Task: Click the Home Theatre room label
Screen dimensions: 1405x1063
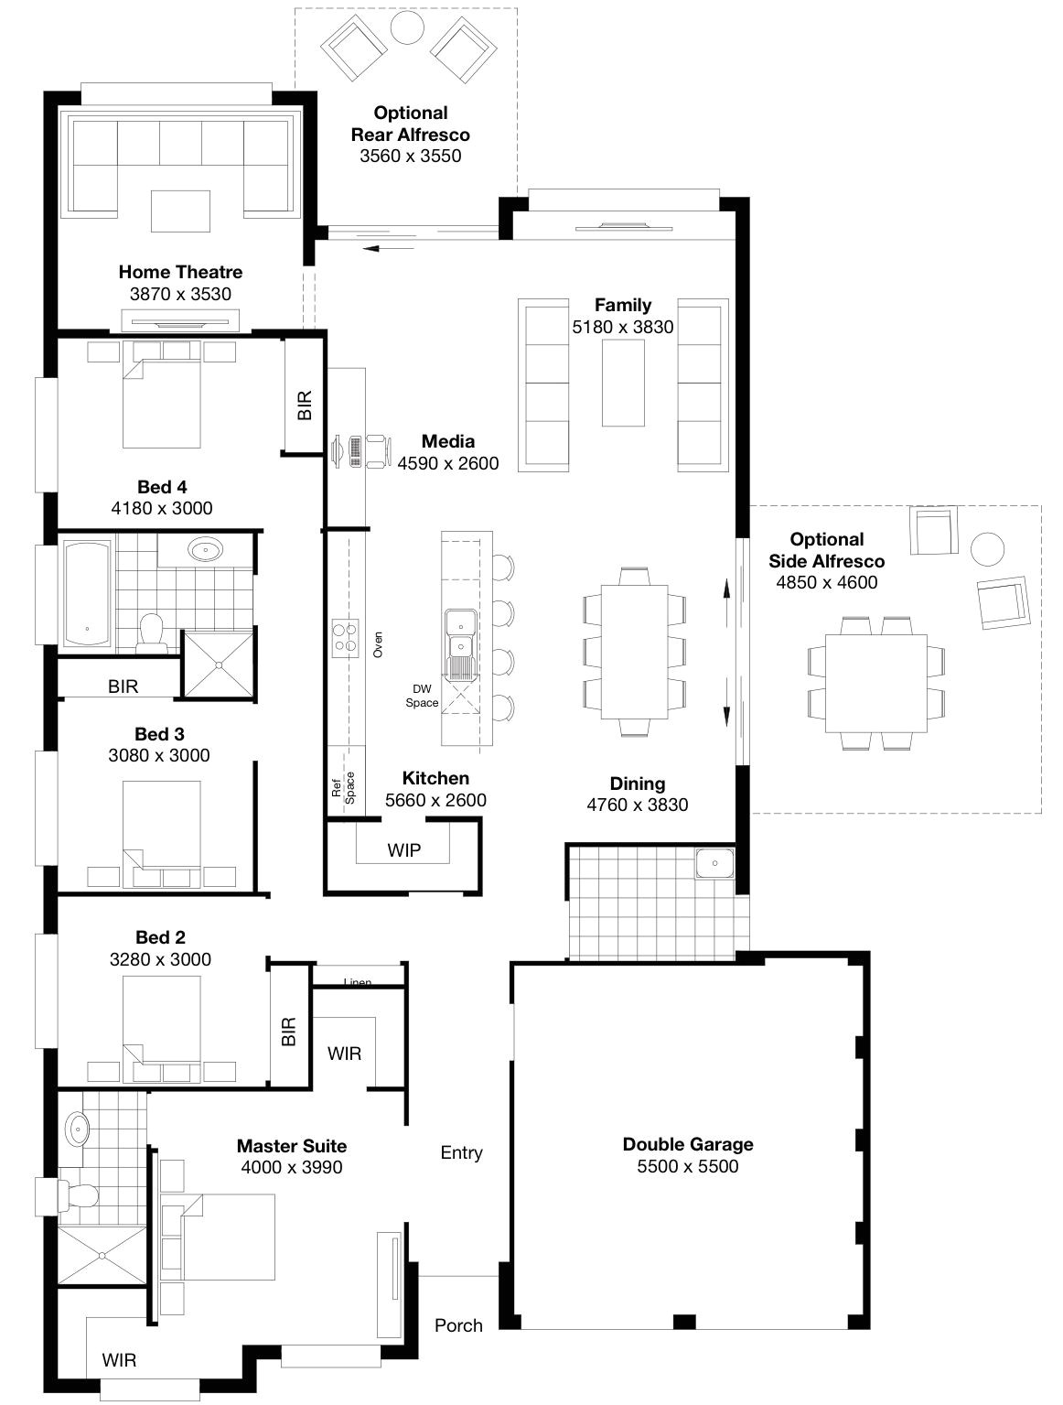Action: [x=180, y=272]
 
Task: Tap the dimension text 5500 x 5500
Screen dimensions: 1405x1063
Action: [x=688, y=1166]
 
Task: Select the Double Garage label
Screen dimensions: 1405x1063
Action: [x=688, y=1144]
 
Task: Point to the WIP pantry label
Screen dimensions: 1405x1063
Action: [x=403, y=850]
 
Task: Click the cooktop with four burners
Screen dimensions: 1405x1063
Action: [x=345, y=636]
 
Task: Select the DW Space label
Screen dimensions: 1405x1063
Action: [x=423, y=697]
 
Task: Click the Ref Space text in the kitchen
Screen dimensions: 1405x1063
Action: [x=343, y=787]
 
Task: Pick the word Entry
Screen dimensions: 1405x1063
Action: [x=461, y=1152]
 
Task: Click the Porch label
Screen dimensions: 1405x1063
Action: [x=458, y=1324]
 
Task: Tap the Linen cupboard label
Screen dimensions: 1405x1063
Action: [x=358, y=982]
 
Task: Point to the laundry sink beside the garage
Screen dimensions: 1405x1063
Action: [x=714, y=863]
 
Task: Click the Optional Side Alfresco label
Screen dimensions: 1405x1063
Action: [x=826, y=550]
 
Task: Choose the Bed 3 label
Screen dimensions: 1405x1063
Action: [x=159, y=734]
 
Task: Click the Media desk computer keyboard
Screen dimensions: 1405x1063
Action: [x=355, y=451]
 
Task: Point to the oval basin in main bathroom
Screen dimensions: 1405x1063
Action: [x=206, y=551]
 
